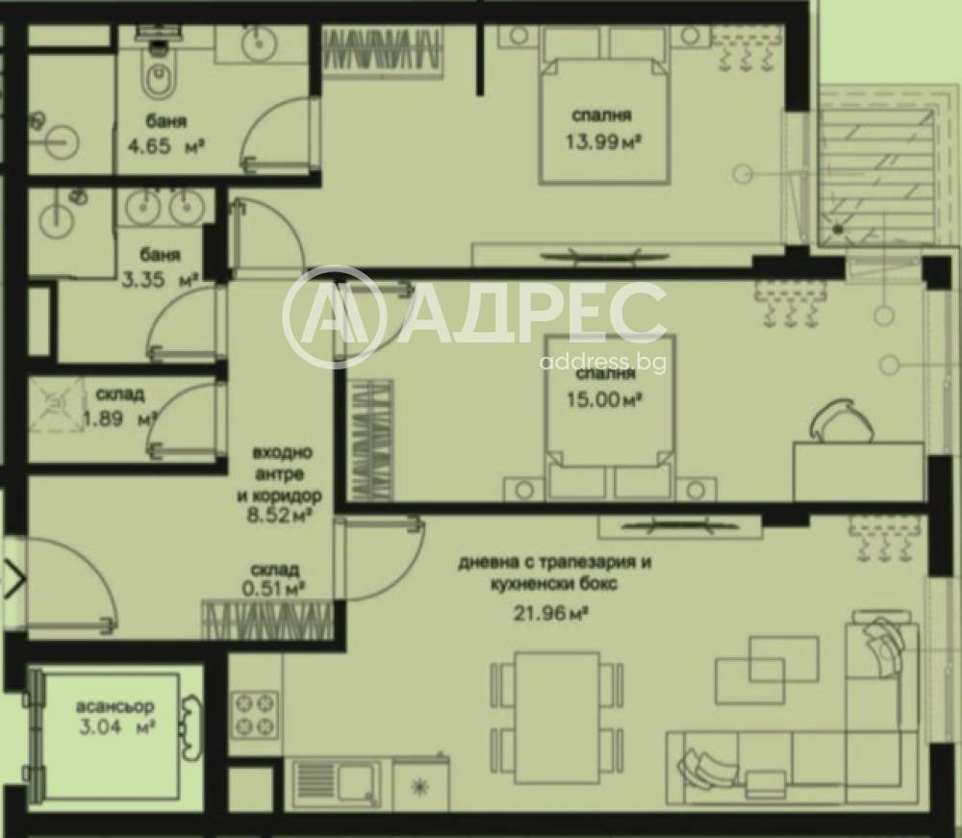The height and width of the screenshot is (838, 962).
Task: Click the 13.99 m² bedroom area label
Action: coord(603,141)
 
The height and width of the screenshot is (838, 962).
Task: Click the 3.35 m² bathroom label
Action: coord(162,281)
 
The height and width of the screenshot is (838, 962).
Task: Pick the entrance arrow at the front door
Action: coord(15,580)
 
